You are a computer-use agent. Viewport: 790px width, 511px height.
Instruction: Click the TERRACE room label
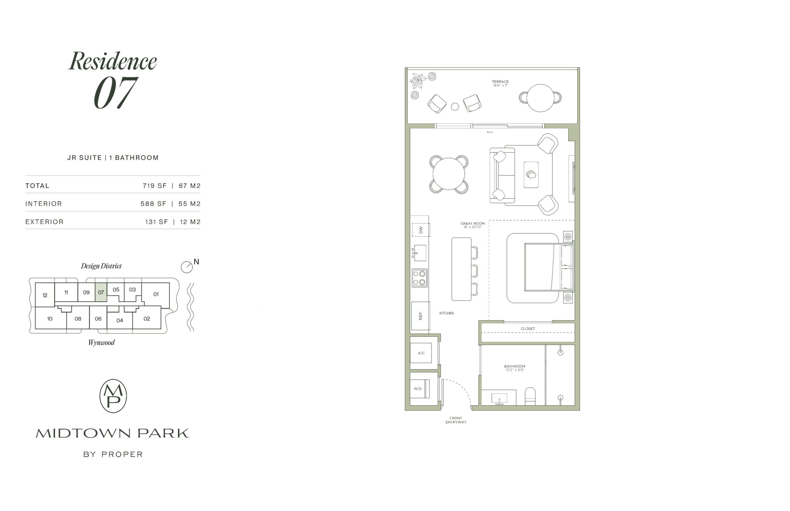[500, 82]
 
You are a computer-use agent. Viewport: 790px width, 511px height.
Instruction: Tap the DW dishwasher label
[421, 230]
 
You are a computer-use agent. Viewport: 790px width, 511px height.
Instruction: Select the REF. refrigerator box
[420, 316]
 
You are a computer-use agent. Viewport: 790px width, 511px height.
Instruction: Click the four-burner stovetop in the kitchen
[419, 278]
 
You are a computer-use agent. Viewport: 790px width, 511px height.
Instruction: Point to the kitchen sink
[419, 253]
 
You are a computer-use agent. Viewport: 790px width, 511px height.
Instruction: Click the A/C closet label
[421, 353]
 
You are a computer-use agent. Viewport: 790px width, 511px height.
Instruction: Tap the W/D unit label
[418, 388]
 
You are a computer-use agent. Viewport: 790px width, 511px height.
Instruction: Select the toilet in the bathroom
[530, 397]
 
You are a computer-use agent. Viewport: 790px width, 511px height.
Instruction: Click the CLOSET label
[528, 329]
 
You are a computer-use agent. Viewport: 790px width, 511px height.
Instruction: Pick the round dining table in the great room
[449, 174]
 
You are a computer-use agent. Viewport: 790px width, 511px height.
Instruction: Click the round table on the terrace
[540, 98]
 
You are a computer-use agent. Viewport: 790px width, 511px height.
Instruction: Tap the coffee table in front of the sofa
[531, 175]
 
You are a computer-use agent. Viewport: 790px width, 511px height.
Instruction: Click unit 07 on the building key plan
[101, 292]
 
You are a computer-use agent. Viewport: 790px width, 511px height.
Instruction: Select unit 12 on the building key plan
[45, 295]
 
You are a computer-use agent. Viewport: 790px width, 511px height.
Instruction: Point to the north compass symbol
[187, 267]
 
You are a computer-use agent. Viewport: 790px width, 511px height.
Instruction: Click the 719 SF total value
[155, 186]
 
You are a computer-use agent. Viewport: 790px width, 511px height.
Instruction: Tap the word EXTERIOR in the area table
[44, 222]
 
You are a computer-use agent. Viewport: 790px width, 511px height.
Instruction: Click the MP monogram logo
[113, 396]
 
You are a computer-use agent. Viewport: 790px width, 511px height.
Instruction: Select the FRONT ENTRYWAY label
[456, 420]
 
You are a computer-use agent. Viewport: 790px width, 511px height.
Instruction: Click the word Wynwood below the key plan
[101, 343]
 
